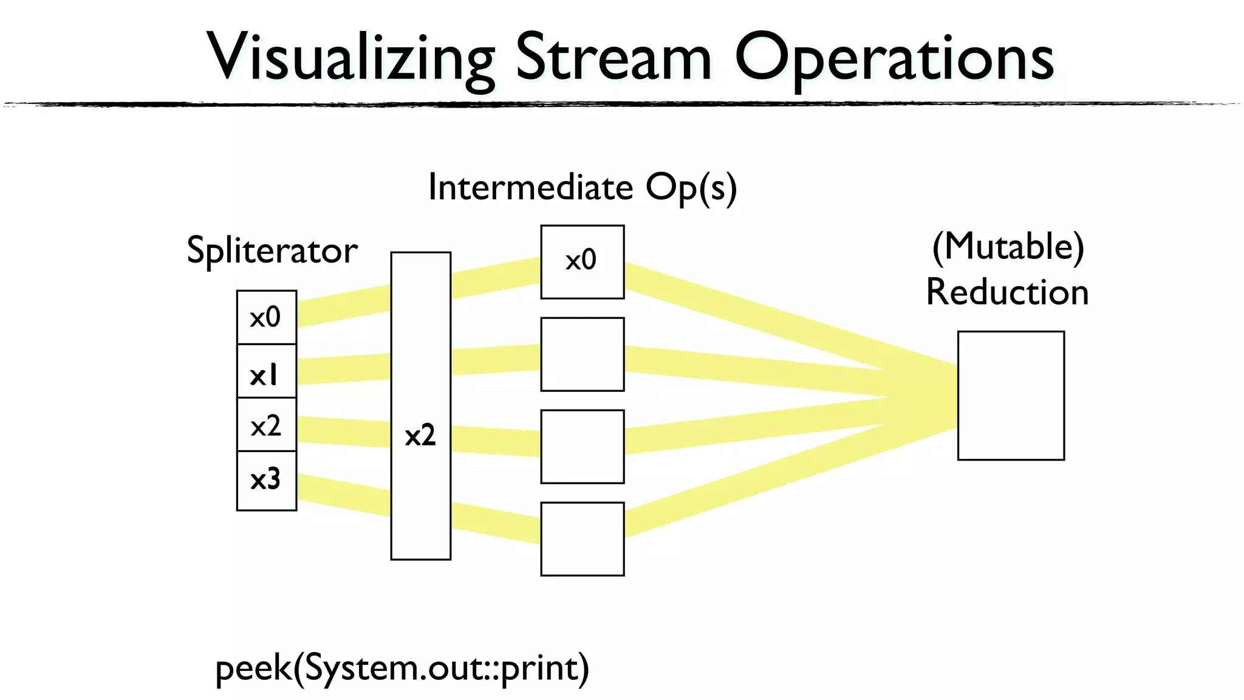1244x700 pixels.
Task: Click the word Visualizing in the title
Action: pos(351,58)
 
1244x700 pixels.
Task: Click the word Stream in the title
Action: pos(613,58)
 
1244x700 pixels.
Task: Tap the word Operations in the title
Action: pos(894,58)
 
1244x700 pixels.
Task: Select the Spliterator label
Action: pos(272,250)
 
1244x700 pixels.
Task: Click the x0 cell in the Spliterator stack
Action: pos(266,317)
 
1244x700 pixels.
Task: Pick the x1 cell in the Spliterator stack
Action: pos(266,371)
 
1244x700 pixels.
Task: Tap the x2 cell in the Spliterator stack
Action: pos(266,425)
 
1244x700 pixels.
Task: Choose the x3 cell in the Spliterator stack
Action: pos(266,480)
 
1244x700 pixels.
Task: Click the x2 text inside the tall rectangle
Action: pos(420,436)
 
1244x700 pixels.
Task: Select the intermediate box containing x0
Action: pos(582,262)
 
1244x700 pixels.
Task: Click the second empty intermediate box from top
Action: pos(582,354)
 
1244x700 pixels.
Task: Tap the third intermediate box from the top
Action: pos(582,447)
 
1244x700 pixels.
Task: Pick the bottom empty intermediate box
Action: pos(582,539)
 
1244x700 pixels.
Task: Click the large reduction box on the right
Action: pos(1011,396)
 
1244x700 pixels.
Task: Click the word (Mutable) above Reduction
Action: pos(1008,247)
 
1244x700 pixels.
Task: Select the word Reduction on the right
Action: pos(1007,292)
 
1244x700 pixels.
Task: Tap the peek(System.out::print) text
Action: pos(402,668)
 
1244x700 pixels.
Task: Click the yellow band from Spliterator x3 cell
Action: pos(344,495)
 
